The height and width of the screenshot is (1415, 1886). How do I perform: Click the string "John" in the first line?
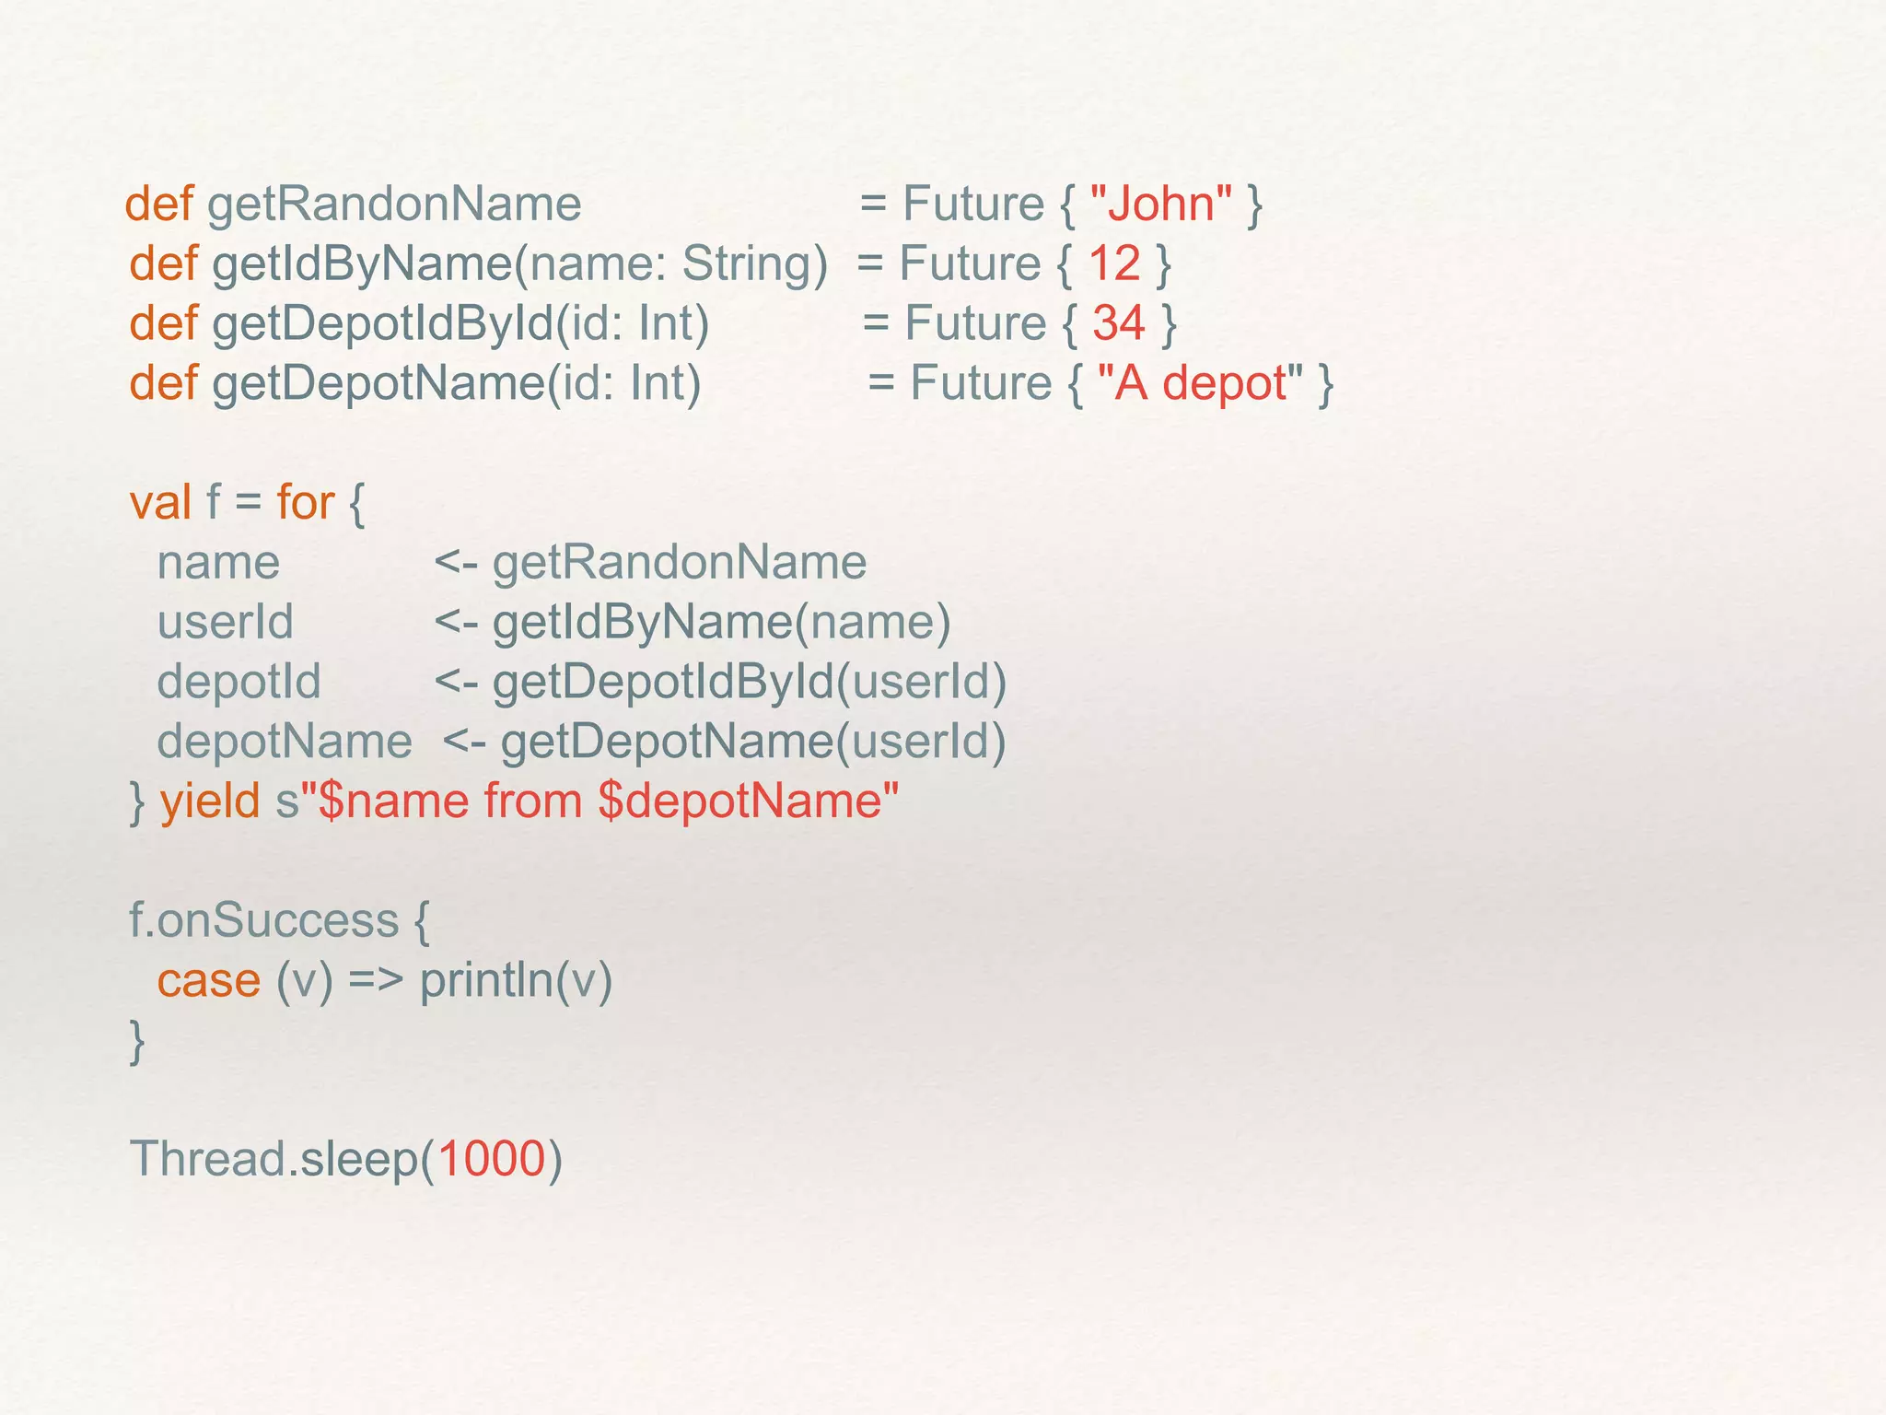click(x=1160, y=204)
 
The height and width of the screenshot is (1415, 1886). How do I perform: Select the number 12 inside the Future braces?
click(x=1114, y=263)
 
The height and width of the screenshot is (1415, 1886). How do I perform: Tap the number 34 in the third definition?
click(x=1119, y=323)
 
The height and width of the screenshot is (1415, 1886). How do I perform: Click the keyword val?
click(x=160, y=503)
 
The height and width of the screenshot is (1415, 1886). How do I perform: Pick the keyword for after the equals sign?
click(x=305, y=503)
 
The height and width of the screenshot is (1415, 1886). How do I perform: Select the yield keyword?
click(x=210, y=801)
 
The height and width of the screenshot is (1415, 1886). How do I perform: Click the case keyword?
click(x=209, y=979)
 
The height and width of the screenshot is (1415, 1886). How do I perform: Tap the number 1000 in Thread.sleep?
click(x=492, y=1159)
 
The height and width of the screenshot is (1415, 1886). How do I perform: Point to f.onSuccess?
click(x=264, y=920)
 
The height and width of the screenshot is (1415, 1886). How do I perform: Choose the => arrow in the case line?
click(x=376, y=980)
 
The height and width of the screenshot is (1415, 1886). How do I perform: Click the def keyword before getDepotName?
click(x=163, y=383)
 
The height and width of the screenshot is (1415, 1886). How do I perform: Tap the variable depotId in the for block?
click(x=239, y=683)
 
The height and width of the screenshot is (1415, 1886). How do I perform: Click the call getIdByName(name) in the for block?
click(x=721, y=623)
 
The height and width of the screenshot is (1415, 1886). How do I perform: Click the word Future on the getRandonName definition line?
click(x=972, y=204)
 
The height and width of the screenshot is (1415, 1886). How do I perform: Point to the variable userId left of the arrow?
click(x=225, y=623)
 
